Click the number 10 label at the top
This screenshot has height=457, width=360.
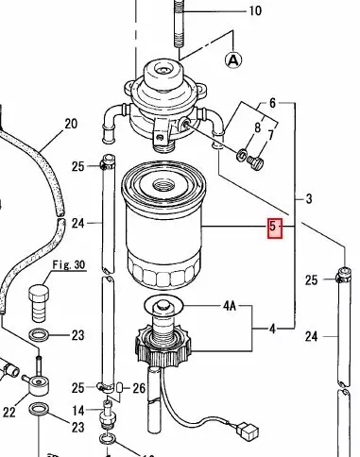click(254, 11)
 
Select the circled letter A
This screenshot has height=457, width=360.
click(232, 59)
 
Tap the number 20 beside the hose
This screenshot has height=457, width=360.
click(70, 124)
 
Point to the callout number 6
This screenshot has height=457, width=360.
click(273, 102)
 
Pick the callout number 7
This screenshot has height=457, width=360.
click(272, 136)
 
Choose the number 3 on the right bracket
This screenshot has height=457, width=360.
click(308, 199)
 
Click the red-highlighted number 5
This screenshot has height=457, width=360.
click(274, 228)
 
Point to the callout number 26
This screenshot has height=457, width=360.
click(139, 387)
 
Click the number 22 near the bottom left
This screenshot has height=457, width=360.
click(9, 412)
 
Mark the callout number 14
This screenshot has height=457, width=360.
click(79, 410)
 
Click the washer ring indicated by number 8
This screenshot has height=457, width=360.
click(242, 154)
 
